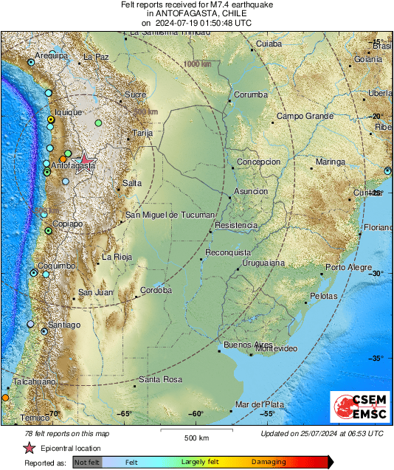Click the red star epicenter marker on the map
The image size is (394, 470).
coord(85,159)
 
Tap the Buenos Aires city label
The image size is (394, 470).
coord(243,345)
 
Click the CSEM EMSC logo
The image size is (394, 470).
coord(359,408)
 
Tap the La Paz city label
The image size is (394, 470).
coord(96,57)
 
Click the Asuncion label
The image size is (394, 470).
coord(251,191)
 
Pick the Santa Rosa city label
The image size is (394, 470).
coord(160,379)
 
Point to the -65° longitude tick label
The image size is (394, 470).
coord(125,414)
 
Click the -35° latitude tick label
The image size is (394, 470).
coord(376,359)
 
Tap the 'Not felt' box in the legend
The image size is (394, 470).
coord(87,462)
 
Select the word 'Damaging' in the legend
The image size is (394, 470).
coord(269,462)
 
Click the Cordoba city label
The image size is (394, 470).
coord(156,290)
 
